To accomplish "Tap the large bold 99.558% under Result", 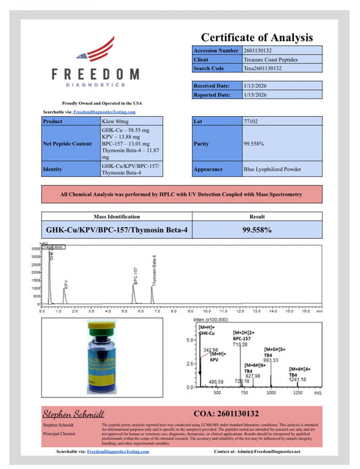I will click(257, 229).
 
